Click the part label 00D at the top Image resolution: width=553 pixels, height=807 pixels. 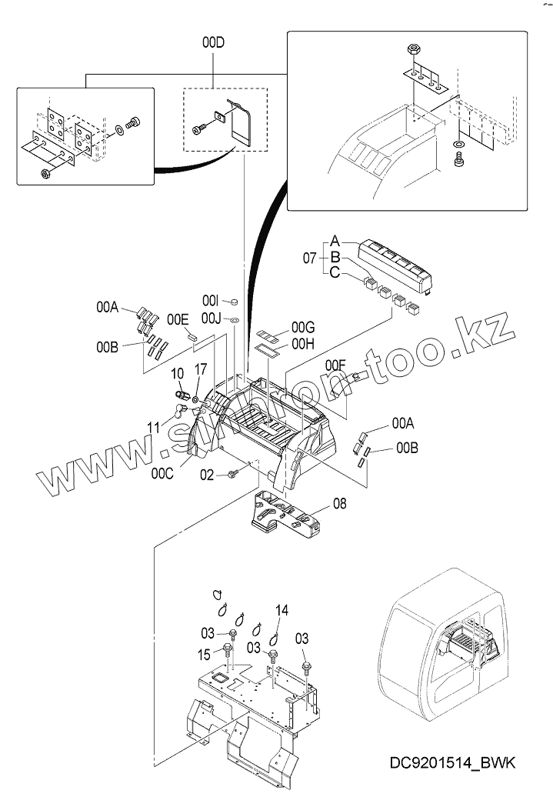pos(213,44)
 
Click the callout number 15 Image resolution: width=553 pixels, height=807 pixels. pos(204,655)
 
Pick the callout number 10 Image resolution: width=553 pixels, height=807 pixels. pos(177,373)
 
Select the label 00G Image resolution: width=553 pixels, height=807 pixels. pos(282,329)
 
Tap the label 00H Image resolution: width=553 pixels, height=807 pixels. pos(282,345)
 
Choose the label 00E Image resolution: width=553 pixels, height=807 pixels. pos(178,318)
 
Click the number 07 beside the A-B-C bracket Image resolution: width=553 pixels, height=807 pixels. pos(309,258)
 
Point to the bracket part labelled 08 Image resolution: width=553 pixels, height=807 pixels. pos(288,512)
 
